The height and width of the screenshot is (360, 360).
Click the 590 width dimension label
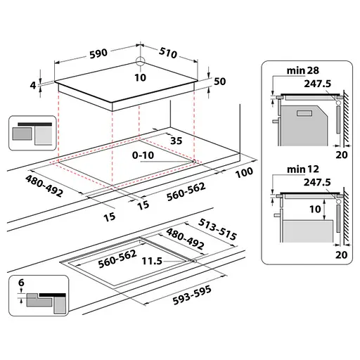pyautogui.click(x=98, y=53)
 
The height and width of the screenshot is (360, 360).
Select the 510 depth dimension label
pyautogui.click(x=168, y=53)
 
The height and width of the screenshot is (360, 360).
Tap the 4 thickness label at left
pyautogui.click(x=33, y=85)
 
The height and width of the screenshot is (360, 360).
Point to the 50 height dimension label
pyautogui.click(x=219, y=82)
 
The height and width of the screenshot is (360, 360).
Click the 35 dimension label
pyautogui.click(x=176, y=141)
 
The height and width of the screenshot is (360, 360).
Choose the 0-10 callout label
pyautogui.click(x=143, y=155)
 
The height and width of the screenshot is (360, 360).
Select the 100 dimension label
pyautogui.click(x=244, y=172)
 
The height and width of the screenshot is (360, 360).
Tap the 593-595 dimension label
pyautogui.click(x=192, y=295)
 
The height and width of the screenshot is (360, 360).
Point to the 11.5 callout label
pyautogui.click(x=152, y=261)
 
